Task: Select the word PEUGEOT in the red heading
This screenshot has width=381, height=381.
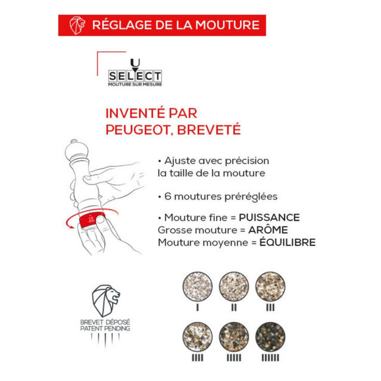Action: click(x=135, y=129)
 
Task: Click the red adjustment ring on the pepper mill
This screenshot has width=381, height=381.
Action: click(x=90, y=218)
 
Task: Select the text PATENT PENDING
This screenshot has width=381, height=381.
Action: click(x=105, y=329)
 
